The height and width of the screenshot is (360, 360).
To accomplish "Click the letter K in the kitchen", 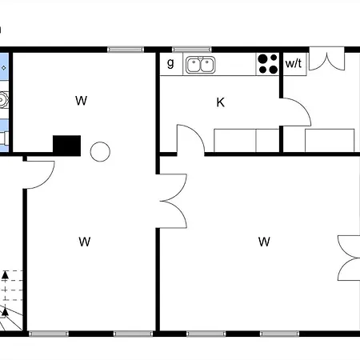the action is (x=220, y=102).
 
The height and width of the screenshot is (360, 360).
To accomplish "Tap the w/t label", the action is (x=294, y=63).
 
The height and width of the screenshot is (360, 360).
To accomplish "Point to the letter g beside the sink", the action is (x=170, y=63).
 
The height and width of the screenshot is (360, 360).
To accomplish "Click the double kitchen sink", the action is (x=201, y=65).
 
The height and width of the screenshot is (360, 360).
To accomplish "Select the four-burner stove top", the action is (x=268, y=64).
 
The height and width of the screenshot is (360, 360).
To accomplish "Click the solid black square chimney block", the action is (x=66, y=146).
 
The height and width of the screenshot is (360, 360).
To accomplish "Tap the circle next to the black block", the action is (x=100, y=152).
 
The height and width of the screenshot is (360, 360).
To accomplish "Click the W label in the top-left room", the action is (x=81, y=101).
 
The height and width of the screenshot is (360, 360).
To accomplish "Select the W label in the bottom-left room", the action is (x=85, y=242).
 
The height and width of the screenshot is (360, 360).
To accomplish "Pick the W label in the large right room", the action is (x=264, y=242).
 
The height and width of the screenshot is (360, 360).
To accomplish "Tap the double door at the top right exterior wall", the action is (x=326, y=59).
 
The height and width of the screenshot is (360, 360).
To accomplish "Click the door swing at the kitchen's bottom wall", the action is (x=190, y=139).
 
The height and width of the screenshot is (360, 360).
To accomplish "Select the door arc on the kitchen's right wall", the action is (x=295, y=112).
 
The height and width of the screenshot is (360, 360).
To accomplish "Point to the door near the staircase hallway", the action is (x=39, y=175).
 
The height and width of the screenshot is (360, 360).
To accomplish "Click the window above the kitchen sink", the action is (x=192, y=50).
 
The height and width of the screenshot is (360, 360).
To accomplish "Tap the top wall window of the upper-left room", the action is (x=126, y=50).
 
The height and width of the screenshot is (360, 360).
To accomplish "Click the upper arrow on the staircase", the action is (x=5, y=276).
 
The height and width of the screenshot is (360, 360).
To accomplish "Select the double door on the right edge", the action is (x=349, y=258).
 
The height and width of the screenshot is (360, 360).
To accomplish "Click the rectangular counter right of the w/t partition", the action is (x=330, y=141).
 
